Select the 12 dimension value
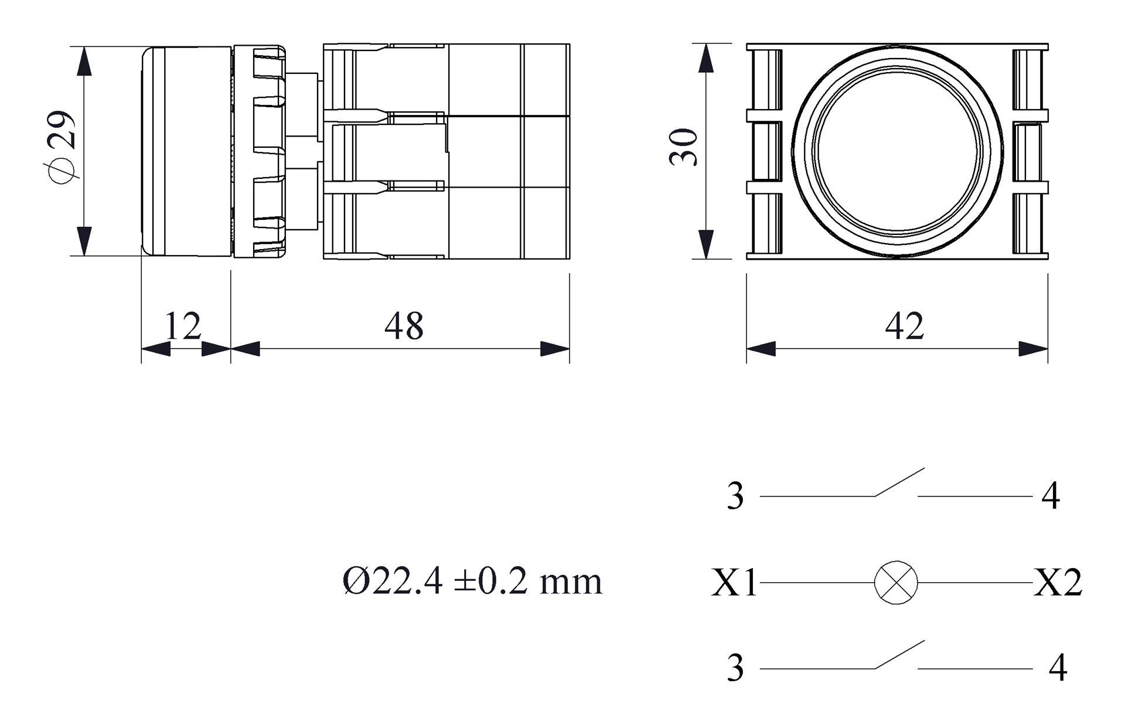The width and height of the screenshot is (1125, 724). (x=183, y=326)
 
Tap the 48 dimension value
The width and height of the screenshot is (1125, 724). (x=404, y=326)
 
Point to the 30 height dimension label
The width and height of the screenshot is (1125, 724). (x=684, y=147)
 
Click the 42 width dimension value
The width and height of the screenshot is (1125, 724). (x=905, y=326)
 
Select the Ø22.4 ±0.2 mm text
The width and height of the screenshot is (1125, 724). (x=472, y=582)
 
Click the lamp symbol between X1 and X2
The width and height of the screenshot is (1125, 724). (x=896, y=582)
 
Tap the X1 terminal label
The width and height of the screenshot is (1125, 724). (x=734, y=583)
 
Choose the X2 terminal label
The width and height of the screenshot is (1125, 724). (x=1058, y=583)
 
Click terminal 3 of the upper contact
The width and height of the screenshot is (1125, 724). (x=735, y=496)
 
